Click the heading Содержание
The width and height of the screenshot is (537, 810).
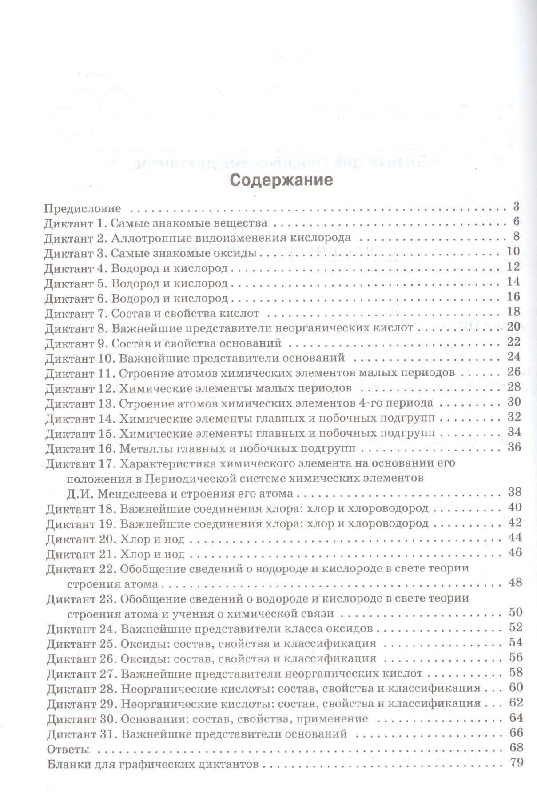[282, 181]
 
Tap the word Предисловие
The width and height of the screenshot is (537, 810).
[83, 208]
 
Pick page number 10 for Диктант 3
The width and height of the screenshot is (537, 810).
[513, 251]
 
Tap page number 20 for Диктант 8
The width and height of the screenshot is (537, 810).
[513, 327]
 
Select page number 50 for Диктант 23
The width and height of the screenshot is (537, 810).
[516, 613]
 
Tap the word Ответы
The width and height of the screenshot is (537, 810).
[68, 749]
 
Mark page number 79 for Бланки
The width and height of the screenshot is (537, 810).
[517, 763]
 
